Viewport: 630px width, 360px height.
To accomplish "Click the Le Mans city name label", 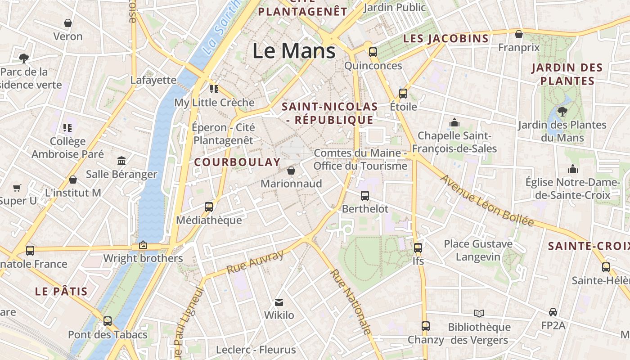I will [294, 50].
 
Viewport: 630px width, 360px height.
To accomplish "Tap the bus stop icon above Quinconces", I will [373, 52].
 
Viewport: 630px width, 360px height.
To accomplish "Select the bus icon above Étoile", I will [403, 94].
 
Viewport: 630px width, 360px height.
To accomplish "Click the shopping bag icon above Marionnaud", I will [291, 171].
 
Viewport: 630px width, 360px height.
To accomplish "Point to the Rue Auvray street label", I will [255, 262].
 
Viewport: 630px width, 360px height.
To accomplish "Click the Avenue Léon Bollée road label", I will [487, 201].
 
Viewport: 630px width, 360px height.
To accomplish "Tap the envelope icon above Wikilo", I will [279, 302].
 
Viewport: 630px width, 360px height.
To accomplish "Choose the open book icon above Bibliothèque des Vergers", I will [479, 313].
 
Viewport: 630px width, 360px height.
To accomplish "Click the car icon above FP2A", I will [553, 312].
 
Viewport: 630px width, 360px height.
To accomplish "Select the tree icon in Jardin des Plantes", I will [562, 111].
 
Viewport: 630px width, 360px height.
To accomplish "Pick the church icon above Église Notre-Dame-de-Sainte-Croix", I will [573, 169].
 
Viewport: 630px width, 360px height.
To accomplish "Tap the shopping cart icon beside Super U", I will [17, 188].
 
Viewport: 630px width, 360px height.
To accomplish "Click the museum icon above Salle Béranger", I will [121, 161].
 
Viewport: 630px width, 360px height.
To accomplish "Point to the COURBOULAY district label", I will [237, 162].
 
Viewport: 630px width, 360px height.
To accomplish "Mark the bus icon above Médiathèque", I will [209, 207].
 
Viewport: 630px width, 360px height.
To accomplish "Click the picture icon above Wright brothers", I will [143, 245].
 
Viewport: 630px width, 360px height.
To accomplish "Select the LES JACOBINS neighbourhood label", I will [445, 39].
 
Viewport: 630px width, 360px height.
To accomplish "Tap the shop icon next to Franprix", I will [519, 34].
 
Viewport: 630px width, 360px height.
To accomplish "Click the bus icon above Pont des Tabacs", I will [108, 321].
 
